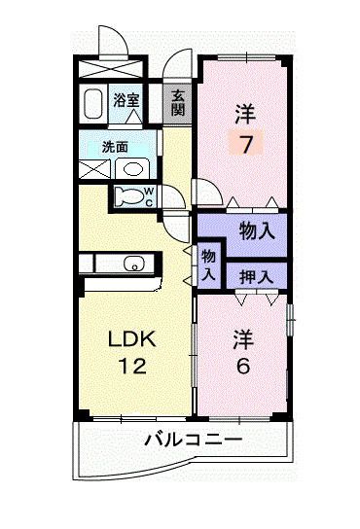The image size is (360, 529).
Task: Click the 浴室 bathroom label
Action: tap(126, 100)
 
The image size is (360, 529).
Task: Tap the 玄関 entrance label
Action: tap(178, 103)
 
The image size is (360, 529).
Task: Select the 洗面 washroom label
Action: tap(115, 147)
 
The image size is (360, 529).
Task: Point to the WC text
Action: tap(149, 197)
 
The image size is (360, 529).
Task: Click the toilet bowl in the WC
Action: tap(128, 196)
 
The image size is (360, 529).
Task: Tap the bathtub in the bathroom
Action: tap(92, 104)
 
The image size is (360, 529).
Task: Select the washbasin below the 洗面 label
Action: tap(133, 169)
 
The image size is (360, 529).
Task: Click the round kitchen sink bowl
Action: tap(134, 263)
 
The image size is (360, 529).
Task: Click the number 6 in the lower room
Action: tap(243, 366)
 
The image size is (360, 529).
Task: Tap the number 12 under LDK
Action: tap(133, 366)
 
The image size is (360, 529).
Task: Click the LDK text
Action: tap(132, 339)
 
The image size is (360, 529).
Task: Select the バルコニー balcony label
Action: tap(194, 440)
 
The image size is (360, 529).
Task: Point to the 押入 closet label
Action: tap(256, 277)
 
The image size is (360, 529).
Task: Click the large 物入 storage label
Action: tap(257, 231)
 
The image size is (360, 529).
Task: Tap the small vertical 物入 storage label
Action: tap(208, 265)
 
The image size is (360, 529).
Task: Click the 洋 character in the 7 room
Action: tap(246, 114)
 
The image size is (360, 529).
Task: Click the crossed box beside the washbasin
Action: tap(94, 169)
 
